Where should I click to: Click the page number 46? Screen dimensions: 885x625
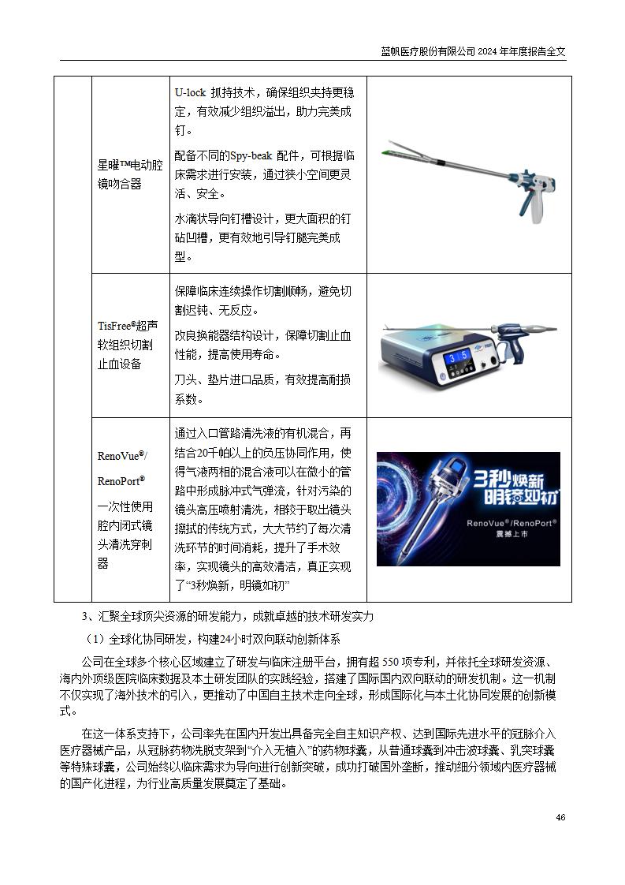(x=560, y=817)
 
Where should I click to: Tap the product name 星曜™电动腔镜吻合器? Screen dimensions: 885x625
(x=130, y=174)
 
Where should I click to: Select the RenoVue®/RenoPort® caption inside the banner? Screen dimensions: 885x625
(x=512, y=523)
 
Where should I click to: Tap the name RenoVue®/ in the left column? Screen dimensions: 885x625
(x=122, y=456)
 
